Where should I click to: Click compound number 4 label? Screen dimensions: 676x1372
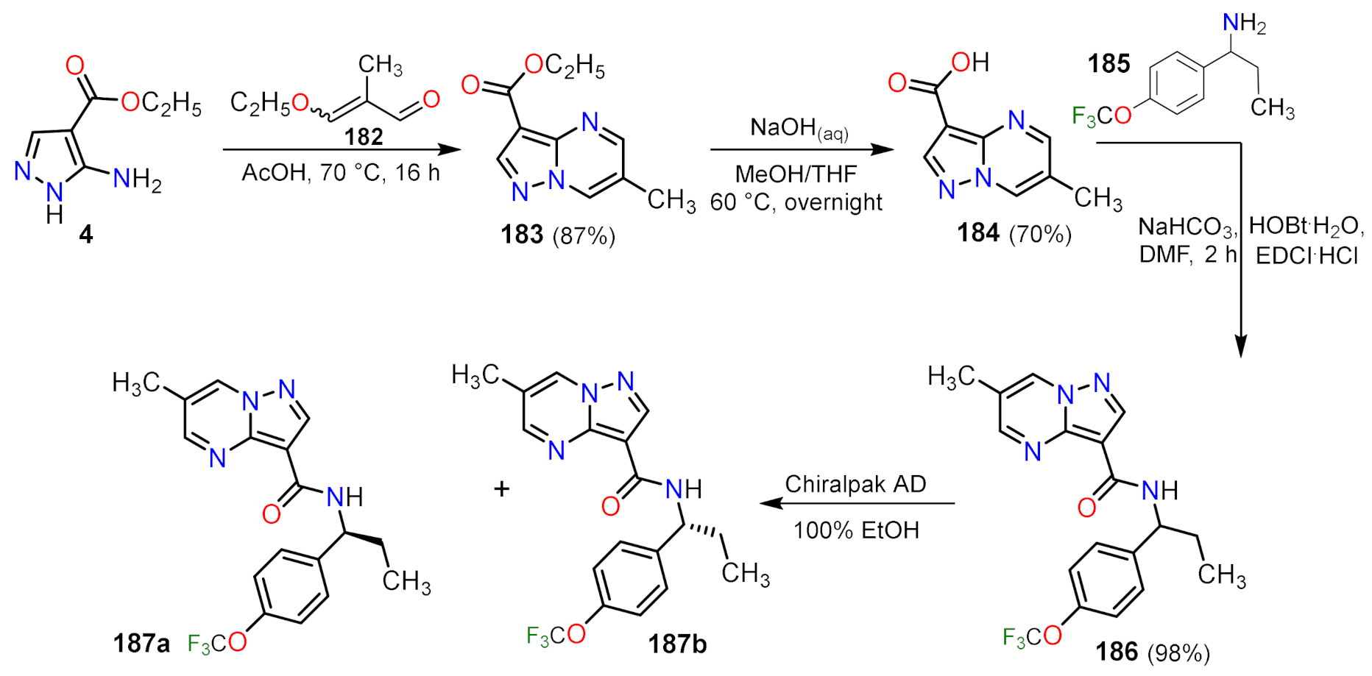[85, 235]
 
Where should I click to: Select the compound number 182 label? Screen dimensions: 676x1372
[364, 137]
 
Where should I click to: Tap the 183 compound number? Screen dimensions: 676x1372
[522, 235]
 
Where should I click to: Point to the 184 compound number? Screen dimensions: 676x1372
[978, 233]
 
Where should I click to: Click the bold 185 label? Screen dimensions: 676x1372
[1108, 65]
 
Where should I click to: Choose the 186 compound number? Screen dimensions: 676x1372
[1117, 652]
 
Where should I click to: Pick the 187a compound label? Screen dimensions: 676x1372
[141, 644]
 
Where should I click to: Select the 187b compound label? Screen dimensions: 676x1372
[677, 644]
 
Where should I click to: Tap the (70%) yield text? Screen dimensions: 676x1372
[1040, 234]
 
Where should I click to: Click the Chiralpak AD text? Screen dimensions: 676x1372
[855, 484]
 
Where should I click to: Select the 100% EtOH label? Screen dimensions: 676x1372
[856, 530]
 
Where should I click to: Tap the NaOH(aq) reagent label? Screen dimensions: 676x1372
[799, 128]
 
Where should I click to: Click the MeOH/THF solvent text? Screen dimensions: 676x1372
[796, 174]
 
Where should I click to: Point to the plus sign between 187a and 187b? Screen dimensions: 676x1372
[502, 488]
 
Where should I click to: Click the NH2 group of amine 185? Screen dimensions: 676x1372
[1244, 24]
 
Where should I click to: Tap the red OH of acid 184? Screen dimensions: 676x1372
[970, 63]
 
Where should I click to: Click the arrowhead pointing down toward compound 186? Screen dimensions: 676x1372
[1241, 346]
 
